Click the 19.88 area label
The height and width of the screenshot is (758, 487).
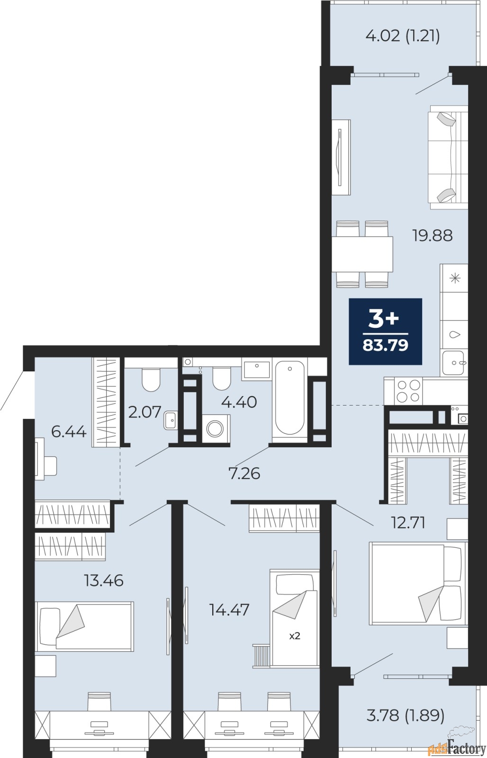(432, 235)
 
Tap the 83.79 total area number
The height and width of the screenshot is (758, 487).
(385, 345)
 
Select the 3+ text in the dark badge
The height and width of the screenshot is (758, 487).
(384, 319)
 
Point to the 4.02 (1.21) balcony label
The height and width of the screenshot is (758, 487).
(403, 36)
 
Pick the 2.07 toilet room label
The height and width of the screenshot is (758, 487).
(144, 412)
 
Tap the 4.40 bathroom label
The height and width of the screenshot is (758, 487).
(239, 402)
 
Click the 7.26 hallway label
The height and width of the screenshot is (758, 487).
(245, 473)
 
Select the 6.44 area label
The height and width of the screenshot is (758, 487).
(69, 432)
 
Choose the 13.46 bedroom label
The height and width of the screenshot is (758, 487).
(104, 581)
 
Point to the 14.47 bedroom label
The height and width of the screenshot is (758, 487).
(229, 610)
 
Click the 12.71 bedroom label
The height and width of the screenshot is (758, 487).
(408, 523)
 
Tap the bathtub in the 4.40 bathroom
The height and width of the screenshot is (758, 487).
(290, 398)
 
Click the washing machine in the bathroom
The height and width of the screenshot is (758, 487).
(216, 428)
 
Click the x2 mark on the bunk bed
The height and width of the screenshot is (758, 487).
(295, 636)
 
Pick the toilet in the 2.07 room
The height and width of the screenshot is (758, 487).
(151, 379)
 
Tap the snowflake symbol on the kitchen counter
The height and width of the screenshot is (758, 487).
(455, 279)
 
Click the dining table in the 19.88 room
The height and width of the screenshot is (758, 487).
(362, 254)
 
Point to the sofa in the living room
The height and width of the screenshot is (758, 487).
(448, 157)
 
